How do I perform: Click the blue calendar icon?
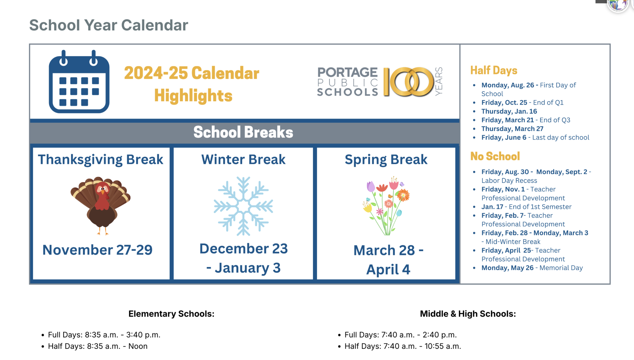(79, 82)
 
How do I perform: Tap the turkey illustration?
(101, 205)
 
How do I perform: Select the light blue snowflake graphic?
(243, 206)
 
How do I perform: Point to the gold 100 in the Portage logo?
(408, 82)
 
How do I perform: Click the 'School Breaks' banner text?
(243, 132)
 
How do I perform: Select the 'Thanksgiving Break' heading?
(101, 160)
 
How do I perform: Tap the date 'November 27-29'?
(98, 250)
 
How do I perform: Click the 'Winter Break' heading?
(243, 160)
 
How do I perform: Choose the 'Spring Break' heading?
(386, 160)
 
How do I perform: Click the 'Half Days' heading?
(494, 70)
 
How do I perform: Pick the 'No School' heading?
(495, 156)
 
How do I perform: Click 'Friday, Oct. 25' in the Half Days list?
(504, 103)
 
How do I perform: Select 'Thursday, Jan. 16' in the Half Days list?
(509, 111)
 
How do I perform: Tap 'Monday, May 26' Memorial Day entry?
(507, 268)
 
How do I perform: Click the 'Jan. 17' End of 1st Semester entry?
(492, 207)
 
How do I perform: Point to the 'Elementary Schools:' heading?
(171, 314)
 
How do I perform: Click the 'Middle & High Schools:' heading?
(468, 314)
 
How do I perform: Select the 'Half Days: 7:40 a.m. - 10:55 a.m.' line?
(402, 346)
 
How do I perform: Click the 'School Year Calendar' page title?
(109, 25)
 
